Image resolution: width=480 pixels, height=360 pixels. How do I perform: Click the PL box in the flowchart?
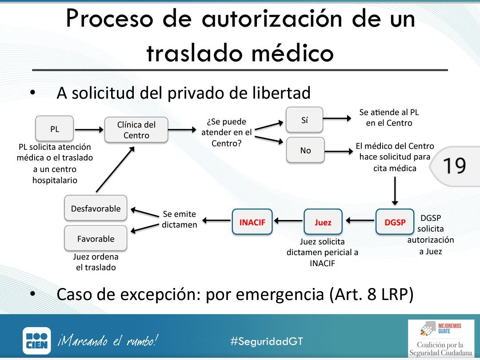click(54, 129)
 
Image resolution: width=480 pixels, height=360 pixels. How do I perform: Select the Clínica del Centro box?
click(136, 130)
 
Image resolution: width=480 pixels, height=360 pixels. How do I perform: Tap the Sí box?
click(304, 120)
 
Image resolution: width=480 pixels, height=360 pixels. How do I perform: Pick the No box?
click(305, 150)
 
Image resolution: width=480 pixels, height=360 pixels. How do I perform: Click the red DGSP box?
click(395, 222)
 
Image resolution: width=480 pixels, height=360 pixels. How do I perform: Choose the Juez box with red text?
click(323, 222)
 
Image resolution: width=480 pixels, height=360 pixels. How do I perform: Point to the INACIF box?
click(252, 221)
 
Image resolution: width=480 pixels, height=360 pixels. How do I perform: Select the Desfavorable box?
click(96, 208)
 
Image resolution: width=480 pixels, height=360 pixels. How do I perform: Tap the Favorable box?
click(96, 239)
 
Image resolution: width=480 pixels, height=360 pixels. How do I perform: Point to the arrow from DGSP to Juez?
click(360, 220)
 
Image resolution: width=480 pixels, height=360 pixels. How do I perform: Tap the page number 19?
click(454, 166)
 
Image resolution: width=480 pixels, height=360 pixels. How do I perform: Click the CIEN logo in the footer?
click(36, 341)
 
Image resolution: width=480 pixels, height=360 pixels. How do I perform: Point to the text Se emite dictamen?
click(179, 219)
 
